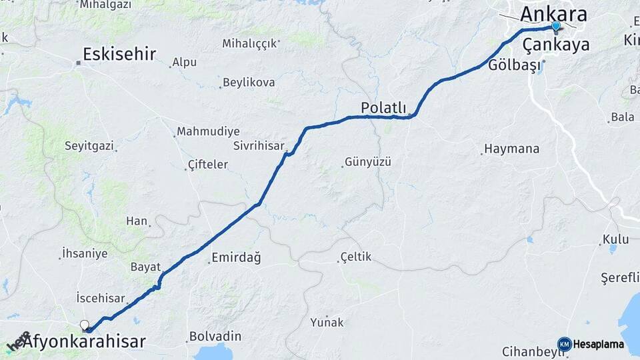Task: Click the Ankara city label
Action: (553, 13)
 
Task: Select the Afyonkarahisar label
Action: (84, 342)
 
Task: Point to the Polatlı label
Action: (383, 107)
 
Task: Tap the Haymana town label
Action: (512, 149)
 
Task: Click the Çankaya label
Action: (556, 45)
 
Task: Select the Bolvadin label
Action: (211, 336)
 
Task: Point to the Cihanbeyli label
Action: (528, 351)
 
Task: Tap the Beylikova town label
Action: (249, 82)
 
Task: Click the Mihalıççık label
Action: (249, 44)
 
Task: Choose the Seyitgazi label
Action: (89, 145)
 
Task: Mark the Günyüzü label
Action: (367, 162)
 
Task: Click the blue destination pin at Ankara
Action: (555, 26)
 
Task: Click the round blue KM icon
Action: (565, 344)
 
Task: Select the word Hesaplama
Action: (599, 345)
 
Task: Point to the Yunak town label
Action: (327, 323)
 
